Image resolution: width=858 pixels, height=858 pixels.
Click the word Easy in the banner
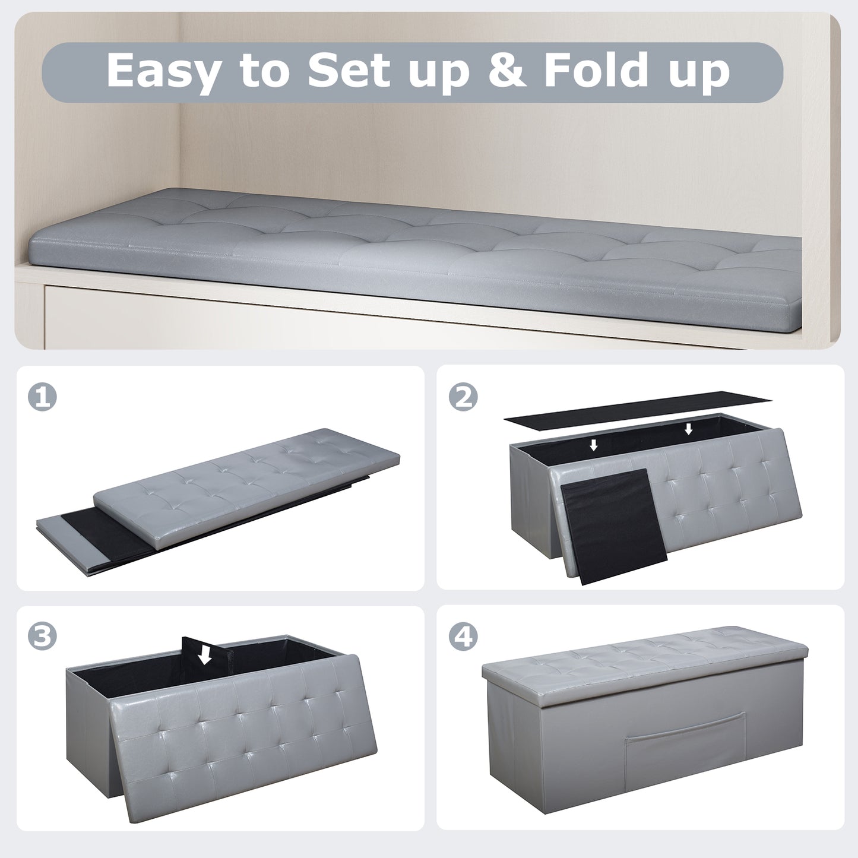tap(162, 71)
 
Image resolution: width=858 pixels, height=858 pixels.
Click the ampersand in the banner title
tap(506, 71)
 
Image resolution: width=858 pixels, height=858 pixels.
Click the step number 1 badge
tap(43, 397)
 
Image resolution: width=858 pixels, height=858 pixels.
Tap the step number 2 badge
tap(463, 397)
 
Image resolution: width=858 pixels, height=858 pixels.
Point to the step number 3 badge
tap(43, 637)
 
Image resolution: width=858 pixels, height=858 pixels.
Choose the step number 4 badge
tap(463, 637)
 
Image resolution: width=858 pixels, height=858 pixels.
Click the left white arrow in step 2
tap(593, 445)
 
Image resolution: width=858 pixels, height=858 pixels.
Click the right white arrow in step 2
tap(688, 429)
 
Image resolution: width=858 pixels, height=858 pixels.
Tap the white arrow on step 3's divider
tap(205, 655)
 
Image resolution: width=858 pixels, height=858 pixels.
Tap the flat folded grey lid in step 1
tap(249, 484)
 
